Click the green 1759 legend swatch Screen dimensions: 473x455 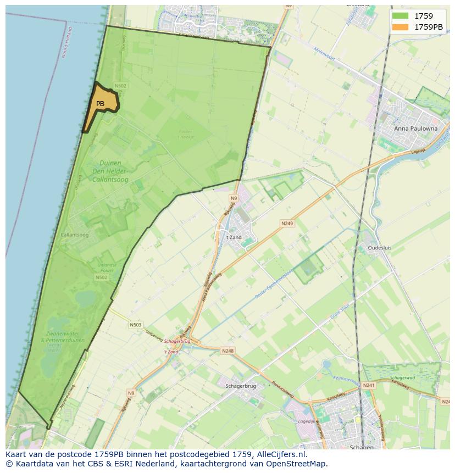pyautogui.click(x=400, y=16)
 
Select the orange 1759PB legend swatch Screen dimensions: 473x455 pyautogui.click(x=400, y=27)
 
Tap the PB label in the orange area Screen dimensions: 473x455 pyautogui.click(x=100, y=104)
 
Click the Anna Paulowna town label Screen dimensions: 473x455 pyautogui.click(x=416, y=129)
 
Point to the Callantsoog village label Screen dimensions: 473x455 pyautogui.click(x=74, y=235)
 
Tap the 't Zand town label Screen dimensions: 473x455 pyautogui.click(x=234, y=237)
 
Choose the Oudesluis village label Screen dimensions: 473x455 pyautogui.click(x=380, y=248)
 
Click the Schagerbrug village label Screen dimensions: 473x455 pyautogui.click(x=241, y=386)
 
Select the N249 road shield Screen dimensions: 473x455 pyautogui.click(x=287, y=224)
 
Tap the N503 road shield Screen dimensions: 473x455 pyautogui.click(x=136, y=325)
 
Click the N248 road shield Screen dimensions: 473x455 pyautogui.click(x=227, y=350)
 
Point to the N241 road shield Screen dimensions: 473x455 pyautogui.click(x=368, y=386)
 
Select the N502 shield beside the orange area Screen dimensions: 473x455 pyautogui.click(x=120, y=86)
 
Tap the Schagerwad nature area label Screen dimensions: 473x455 pyautogui.click(x=402, y=379)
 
